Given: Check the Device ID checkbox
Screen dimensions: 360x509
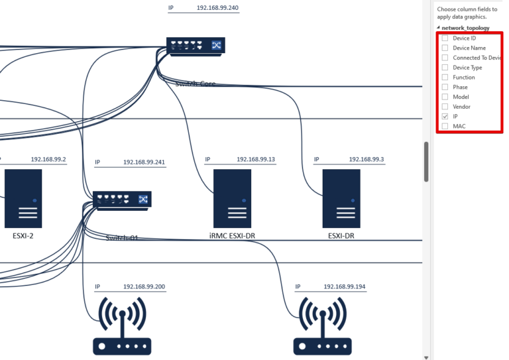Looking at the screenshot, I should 445,38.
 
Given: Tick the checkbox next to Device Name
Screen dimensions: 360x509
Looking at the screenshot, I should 445,48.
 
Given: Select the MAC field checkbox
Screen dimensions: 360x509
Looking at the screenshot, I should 445,126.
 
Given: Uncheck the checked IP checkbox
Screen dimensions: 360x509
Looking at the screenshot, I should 445,116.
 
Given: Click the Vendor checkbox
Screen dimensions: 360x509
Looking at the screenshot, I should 445,107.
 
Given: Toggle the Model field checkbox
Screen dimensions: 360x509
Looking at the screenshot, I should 445,97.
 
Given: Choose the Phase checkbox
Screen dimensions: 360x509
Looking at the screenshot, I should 445,87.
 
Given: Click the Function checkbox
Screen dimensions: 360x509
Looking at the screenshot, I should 445,78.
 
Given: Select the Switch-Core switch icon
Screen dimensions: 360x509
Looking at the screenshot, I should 196,46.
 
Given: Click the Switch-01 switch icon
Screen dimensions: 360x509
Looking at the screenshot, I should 122,200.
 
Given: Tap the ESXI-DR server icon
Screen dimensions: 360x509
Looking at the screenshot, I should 341,198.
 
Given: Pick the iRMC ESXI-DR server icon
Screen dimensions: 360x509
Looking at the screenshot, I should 232,198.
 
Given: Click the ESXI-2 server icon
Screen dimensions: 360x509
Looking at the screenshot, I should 23,198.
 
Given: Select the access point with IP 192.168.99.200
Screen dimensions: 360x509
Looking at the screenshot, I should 122,325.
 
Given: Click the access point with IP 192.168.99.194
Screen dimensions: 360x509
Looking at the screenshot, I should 323,325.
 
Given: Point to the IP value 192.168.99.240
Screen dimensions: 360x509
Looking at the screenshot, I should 217,8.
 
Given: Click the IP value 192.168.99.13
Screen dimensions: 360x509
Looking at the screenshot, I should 255,160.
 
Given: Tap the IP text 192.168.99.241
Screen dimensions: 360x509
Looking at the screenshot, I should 144,162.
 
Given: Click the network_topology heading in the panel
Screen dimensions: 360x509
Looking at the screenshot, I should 465,29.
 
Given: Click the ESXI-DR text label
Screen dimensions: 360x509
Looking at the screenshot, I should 341,235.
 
